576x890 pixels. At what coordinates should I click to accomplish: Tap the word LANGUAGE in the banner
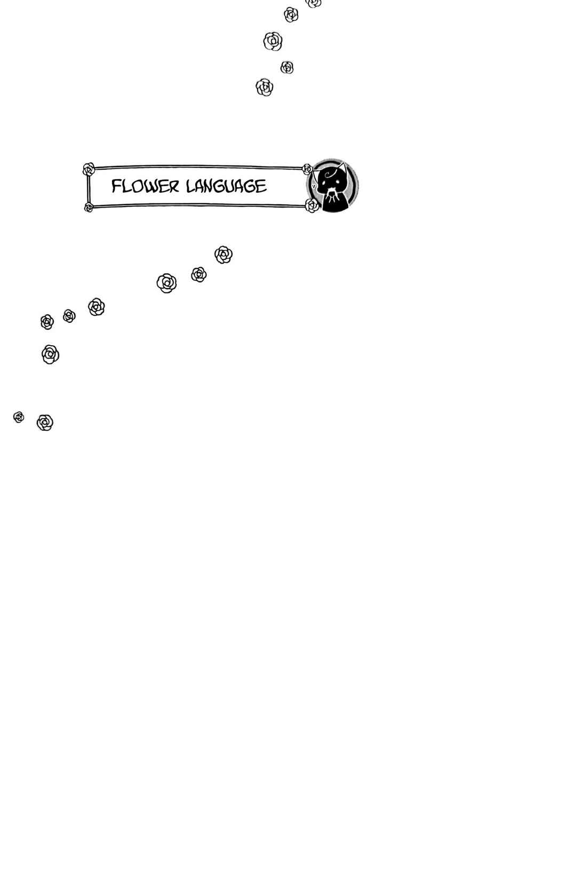227,186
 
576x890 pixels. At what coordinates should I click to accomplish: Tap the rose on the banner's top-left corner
89,169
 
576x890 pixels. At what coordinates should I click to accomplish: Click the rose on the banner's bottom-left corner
89,208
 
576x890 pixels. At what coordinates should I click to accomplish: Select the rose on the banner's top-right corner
307,169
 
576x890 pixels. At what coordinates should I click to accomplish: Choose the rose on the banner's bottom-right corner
312,205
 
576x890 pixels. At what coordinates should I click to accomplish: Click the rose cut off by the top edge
314,3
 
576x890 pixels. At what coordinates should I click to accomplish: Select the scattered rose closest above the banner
265,88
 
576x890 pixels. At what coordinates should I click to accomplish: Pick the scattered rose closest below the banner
223,255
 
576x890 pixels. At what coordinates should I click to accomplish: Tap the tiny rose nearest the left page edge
19,417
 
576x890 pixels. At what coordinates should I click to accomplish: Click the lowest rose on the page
45,423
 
